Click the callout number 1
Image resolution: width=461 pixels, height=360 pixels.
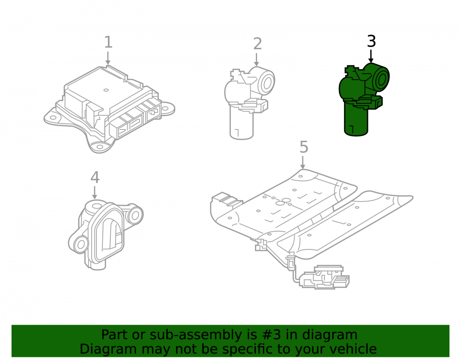108,42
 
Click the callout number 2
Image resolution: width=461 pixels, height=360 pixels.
257,44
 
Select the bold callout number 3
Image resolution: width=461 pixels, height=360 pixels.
371,41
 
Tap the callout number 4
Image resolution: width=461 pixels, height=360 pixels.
95,177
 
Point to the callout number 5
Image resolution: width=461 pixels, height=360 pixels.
304,147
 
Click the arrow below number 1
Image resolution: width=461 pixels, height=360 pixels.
108,58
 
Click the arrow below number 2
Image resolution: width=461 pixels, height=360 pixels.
257,59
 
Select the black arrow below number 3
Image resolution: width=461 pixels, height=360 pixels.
371,56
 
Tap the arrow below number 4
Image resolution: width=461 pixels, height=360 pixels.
95,192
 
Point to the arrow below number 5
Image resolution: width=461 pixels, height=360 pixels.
303,163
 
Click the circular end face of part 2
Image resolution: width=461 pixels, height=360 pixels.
266,82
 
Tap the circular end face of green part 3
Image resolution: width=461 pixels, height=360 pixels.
381,79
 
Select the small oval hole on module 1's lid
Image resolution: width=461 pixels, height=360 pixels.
106,90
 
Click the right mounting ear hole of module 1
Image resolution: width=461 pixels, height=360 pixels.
165,108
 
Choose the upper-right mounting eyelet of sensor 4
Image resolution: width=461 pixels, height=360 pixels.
135,215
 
